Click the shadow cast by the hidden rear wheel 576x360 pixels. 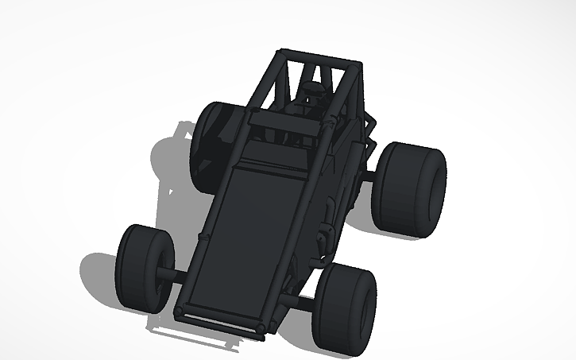[171, 159]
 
